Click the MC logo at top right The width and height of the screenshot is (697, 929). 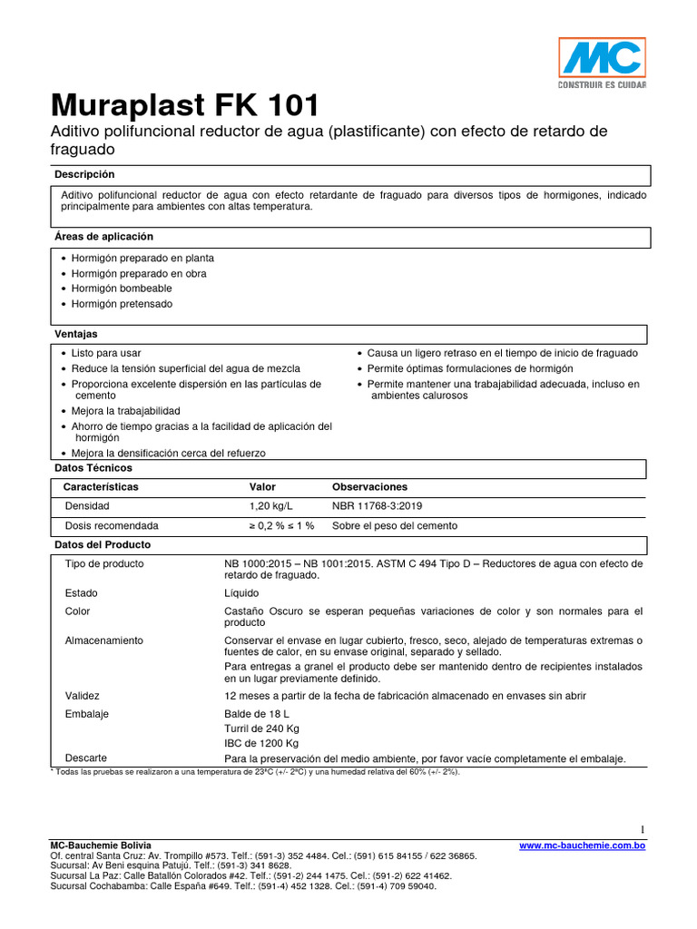tap(601, 64)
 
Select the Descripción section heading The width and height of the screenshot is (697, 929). tap(84, 174)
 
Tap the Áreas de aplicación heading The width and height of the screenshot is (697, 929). tap(104, 237)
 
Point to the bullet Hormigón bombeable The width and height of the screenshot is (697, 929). tap(121, 288)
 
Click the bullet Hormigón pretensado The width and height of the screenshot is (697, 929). tap(122, 304)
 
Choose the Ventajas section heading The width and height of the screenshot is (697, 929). tap(76, 335)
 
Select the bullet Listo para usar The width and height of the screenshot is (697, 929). tap(106, 353)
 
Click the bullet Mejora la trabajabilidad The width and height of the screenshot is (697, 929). tap(126, 411)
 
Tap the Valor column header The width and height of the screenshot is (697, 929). tap(262, 487)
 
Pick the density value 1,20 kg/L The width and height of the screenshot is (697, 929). tap(271, 505)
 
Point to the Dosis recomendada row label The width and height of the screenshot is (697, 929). tap(112, 526)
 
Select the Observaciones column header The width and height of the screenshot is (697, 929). tap(369, 487)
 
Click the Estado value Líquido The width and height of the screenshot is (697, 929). tap(241, 593)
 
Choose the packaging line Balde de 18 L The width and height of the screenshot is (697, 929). tap(257, 714)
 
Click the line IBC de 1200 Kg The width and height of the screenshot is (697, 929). tap(261, 743)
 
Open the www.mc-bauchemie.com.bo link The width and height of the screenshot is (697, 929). tap(582, 846)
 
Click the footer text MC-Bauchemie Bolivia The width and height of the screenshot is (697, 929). tap(101, 846)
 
